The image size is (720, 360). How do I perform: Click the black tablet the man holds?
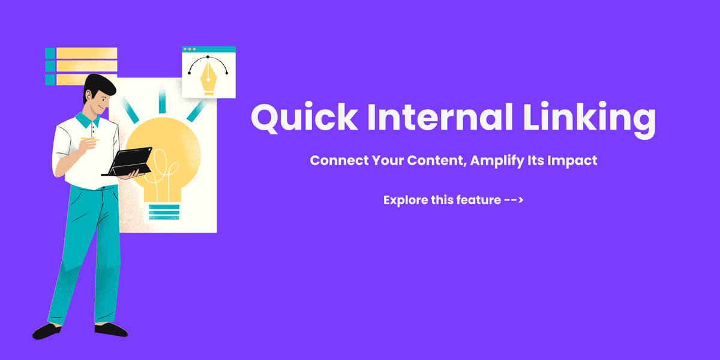[x=129, y=162]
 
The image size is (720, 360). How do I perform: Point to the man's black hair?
[x=100, y=84]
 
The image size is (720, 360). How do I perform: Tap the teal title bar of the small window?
[x=209, y=49]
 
